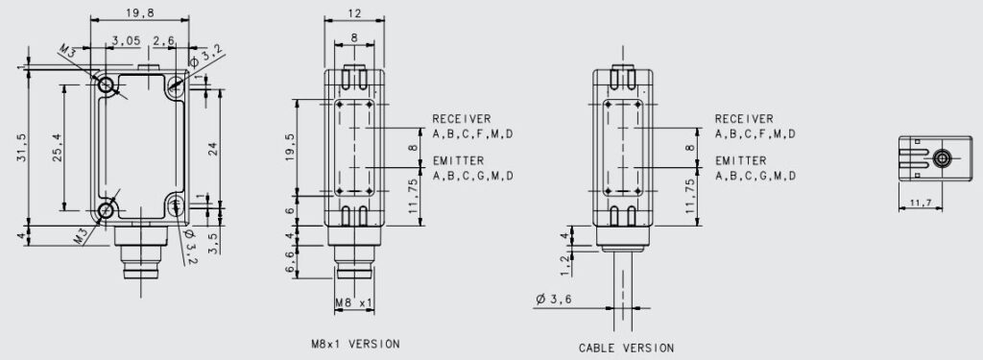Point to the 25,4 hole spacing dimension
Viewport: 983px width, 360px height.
tap(57, 149)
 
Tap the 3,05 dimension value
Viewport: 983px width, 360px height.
tap(126, 40)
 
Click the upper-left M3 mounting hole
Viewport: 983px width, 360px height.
tap(106, 84)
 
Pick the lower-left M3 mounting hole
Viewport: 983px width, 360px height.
tap(106, 211)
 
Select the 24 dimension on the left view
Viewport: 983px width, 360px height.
tap(212, 148)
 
